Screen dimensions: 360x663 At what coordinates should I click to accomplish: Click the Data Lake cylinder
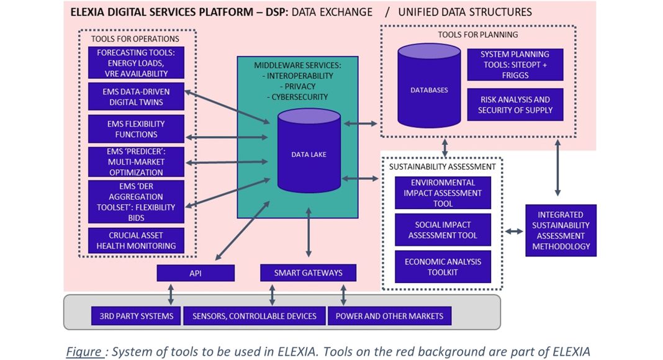tap(309, 153)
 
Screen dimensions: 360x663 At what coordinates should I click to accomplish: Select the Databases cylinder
tap(429, 89)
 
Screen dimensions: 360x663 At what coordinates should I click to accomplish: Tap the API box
tap(196, 273)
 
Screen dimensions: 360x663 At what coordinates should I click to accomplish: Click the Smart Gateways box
tap(309, 273)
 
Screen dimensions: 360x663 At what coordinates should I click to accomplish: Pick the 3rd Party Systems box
tap(136, 316)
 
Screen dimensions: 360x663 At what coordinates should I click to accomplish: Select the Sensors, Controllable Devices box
tap(254, 316)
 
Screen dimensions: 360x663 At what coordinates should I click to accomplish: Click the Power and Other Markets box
tap(389, 316)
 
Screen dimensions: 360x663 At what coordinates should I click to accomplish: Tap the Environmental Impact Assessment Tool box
tap(443, 193)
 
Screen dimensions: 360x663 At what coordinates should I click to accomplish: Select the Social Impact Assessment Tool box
tap(443, 230)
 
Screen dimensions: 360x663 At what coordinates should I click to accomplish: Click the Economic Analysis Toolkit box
tap(443, 267)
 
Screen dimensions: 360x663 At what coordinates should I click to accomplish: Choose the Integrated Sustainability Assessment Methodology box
tap(561, 230)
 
